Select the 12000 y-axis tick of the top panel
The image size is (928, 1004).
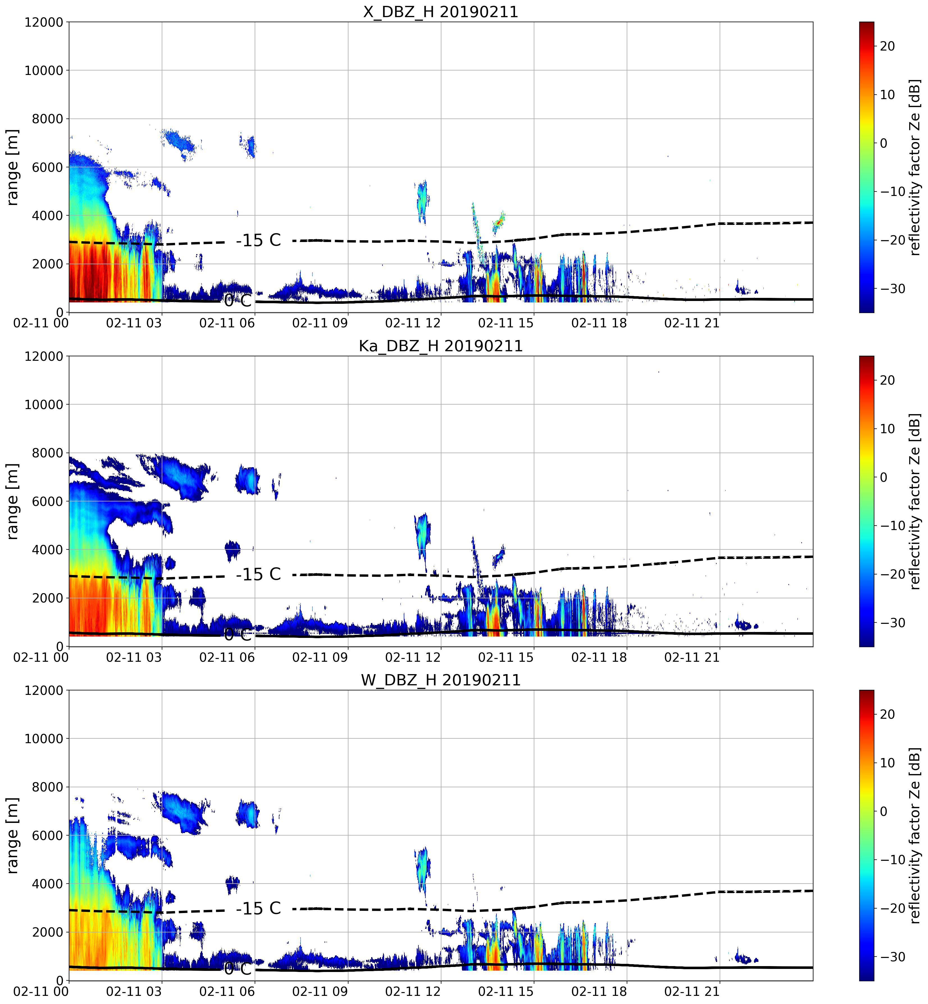44,22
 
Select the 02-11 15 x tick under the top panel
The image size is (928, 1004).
506,323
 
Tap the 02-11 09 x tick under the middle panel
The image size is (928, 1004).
320,657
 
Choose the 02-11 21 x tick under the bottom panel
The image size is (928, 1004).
692,991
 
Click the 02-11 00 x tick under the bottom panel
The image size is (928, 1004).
41,991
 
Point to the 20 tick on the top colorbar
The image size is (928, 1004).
887,46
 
